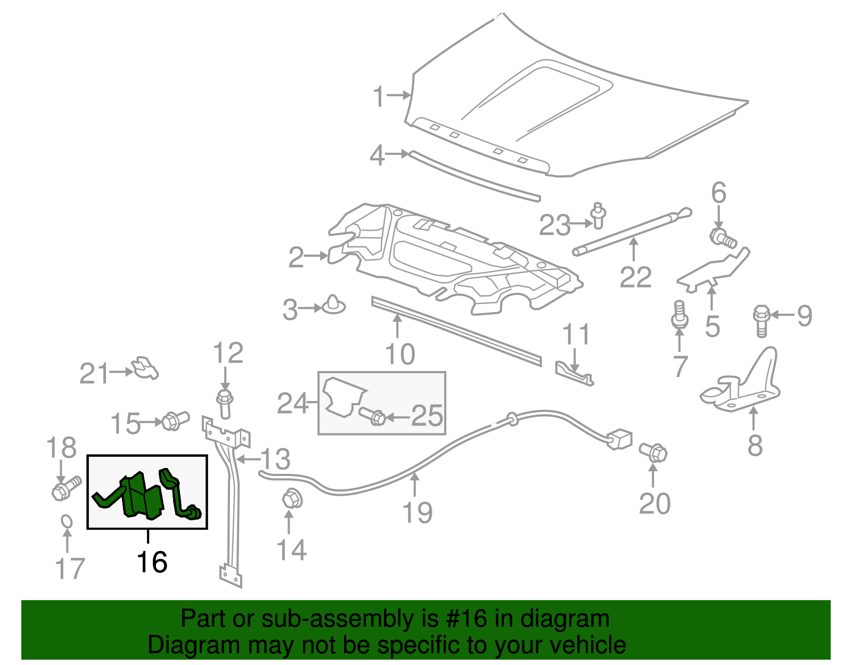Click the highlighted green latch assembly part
point(143,495)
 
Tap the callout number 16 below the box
point(152,562)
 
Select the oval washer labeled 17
point(66,521)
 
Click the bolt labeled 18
point(65,488)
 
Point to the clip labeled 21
point(145,368)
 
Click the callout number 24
point(292,404)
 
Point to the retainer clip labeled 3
point(333,305)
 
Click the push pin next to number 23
point(599,215)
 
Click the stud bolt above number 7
point(679,315)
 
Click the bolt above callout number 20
point(653,453)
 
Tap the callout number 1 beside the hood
point(379,97)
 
